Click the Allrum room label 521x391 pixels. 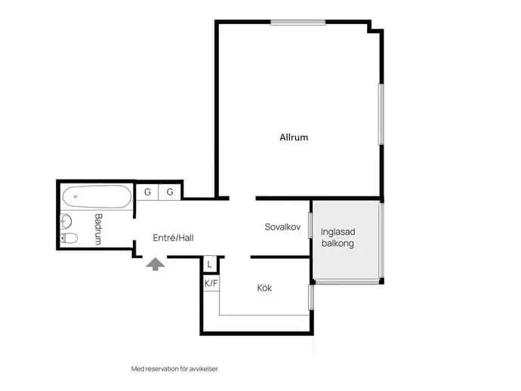tap(294, 137)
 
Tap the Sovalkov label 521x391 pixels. tap(282, 227)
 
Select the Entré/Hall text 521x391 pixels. tap(173, 238)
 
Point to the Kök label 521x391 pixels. tap(264, 288)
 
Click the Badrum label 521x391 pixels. tap(98, 229)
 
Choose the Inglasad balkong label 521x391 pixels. tap(338, 238)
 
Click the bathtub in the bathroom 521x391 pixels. tap(97, 197)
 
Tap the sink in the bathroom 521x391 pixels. tap(66, 221)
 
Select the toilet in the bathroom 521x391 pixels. tap(69, 239)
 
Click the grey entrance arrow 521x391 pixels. tap(156, 264)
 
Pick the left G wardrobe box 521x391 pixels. tap(147, 192)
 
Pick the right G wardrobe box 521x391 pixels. tap(169, 192)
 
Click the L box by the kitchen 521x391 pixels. tap(209, 264)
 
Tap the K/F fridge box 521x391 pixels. tap(211, 283)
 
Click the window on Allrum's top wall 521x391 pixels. tap(298, 22)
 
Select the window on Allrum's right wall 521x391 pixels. tap(381, 114)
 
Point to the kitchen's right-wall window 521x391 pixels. tap(311, 297)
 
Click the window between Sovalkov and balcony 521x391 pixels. tap(310, 225)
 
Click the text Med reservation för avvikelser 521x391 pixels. tap(175, 369)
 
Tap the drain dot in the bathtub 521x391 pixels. tap(76, 196)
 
